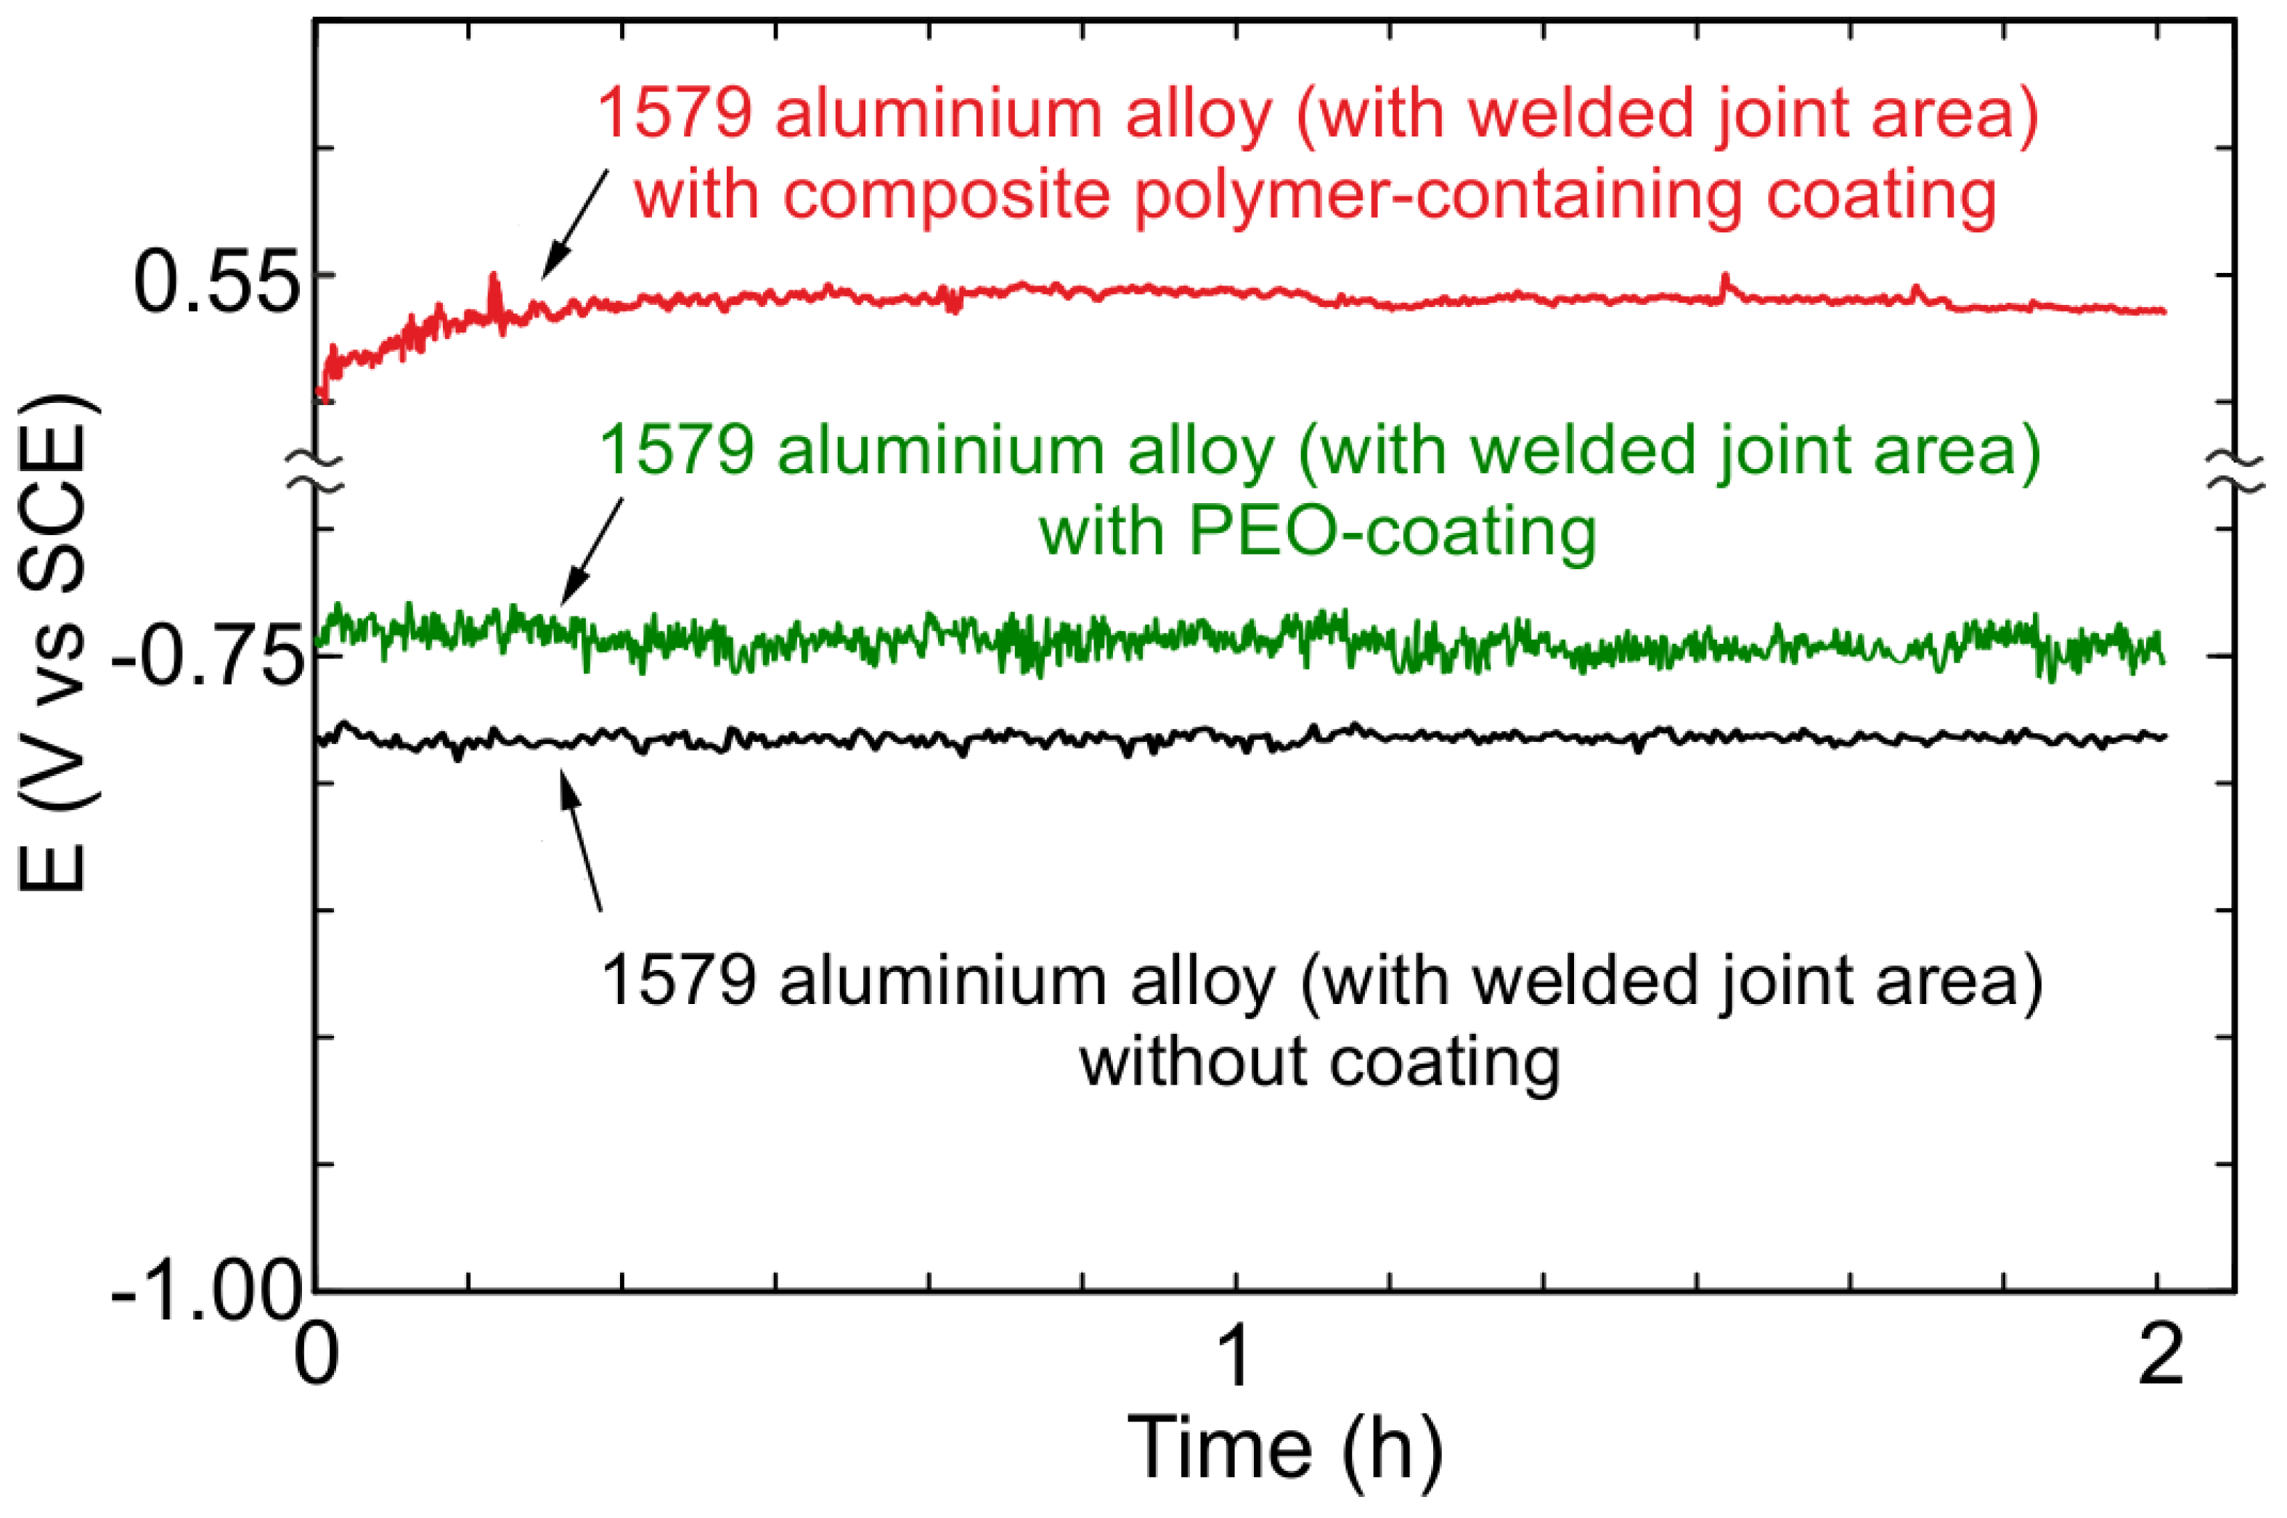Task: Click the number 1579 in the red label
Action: [x=675, y=113]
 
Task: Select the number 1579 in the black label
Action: [x=678, y=982]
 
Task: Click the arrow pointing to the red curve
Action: [x=574, y=224]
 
